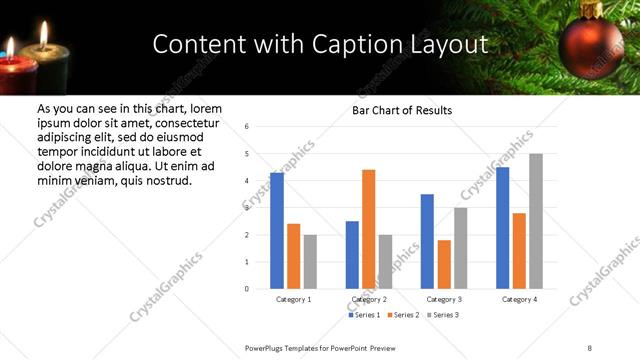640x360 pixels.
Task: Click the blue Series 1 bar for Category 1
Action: (x=277, y=231)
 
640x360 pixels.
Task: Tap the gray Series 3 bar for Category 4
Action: (x=536, y=221)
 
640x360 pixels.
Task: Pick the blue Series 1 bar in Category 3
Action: (x=427, y=241)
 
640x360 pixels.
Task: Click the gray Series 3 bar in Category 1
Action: (x=310, y=262)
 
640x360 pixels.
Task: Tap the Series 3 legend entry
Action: (x=443, y=315)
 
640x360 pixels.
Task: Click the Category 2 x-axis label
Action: (x=369, y=299)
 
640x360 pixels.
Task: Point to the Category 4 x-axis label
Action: (x=519, y=299)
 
